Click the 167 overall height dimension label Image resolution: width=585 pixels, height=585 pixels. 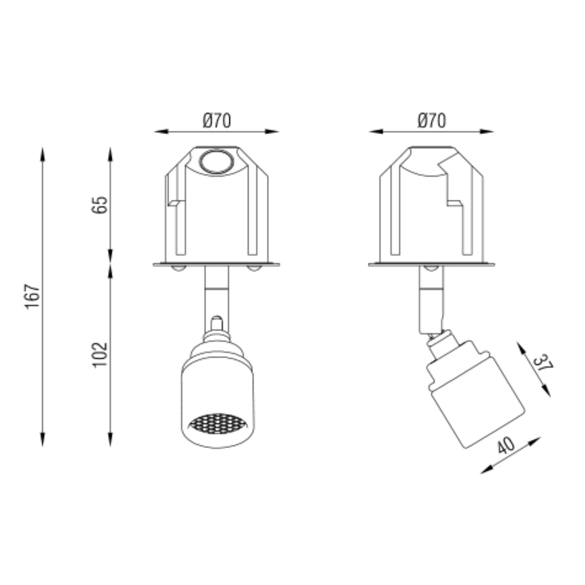(x=33, y=296)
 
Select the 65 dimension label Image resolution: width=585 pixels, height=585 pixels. (x=100, y=206)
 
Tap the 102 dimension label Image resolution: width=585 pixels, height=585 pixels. (x=100, y=355)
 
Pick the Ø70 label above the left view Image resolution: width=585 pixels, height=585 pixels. (x=217, y=120)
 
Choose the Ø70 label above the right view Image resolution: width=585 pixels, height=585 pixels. (x=432, y=120)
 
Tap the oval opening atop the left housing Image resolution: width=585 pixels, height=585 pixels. (x=216, y=162)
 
